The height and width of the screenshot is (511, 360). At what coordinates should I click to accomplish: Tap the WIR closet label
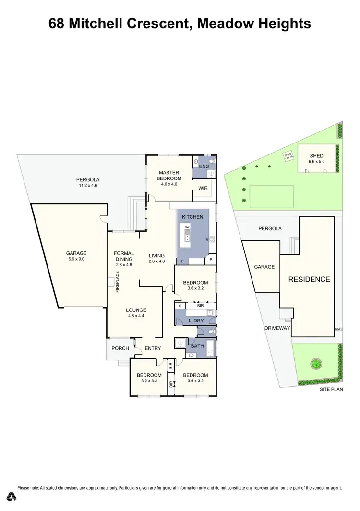coord(203,189)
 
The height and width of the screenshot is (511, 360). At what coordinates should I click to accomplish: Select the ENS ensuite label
coord(204,166)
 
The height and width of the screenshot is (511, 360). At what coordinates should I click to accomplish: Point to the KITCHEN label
coord(192,217)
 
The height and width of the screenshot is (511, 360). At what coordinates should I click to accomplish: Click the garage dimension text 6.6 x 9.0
coord(76,260)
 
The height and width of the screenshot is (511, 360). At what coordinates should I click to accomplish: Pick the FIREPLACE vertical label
coord(117,282)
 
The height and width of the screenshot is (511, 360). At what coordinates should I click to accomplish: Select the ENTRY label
coord(153,348)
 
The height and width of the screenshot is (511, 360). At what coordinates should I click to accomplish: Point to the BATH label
coord(197,345)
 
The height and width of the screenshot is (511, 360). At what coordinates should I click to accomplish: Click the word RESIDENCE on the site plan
coord(309,279)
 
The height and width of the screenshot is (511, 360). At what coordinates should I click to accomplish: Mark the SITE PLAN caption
coord(331,390)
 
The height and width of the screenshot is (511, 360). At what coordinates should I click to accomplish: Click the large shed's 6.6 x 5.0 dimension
coord(317,162)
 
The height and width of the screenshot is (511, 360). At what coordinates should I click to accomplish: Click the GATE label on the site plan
coord(339,329)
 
